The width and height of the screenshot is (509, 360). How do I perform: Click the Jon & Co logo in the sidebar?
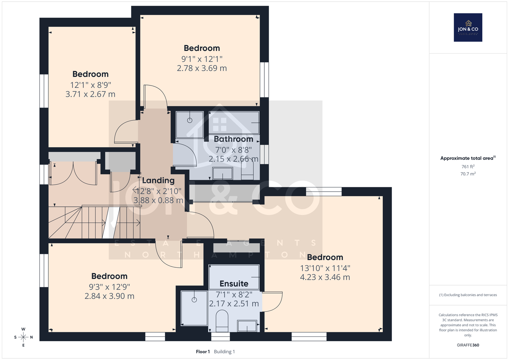468,27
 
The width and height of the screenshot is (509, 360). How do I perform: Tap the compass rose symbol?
23,337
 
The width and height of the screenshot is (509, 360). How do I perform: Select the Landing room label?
158,180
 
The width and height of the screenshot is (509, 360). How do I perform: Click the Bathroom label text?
234,139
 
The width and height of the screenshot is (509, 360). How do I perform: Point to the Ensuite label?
234,284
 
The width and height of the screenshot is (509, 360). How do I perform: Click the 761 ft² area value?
468,166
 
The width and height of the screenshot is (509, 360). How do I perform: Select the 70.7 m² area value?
468,174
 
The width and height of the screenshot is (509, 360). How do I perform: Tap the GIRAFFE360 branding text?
468,345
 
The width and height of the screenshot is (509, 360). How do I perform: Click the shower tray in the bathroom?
190,125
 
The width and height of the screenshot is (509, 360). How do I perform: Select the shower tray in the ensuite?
194,308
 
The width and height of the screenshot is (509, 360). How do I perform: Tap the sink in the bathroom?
222,173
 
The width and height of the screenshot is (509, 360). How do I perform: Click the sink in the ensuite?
247,326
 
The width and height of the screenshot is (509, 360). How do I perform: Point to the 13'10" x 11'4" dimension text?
325,268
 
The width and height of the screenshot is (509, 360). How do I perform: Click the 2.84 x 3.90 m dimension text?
109,296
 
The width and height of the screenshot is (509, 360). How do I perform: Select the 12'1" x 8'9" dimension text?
90,85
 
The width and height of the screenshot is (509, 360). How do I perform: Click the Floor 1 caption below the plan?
203,352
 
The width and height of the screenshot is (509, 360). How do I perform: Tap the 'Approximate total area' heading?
468,158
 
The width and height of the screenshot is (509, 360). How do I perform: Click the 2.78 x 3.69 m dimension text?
202,68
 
